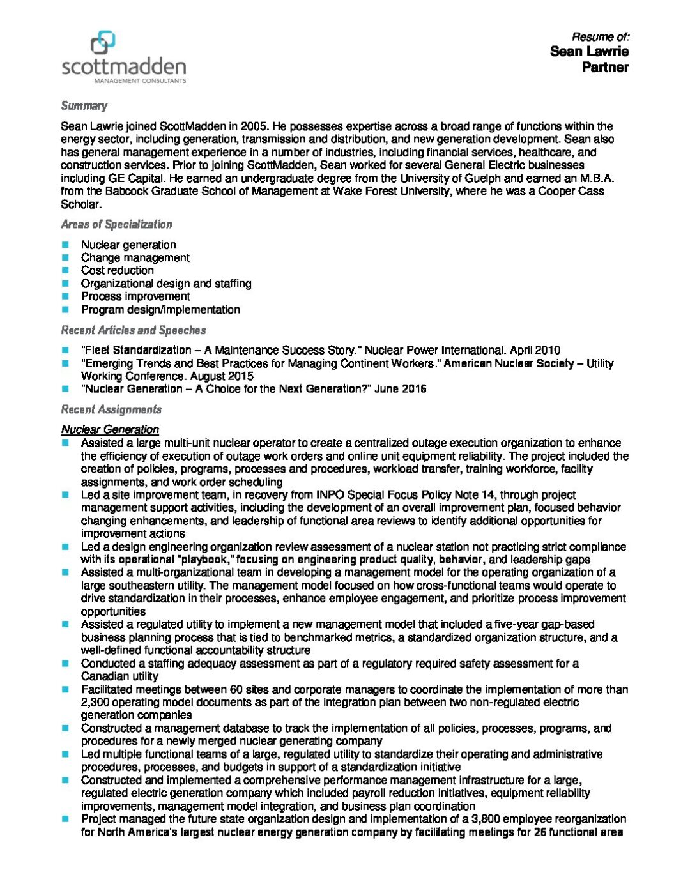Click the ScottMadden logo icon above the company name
(103, 43)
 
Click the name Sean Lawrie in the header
(589, 51)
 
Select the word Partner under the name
(605, 67)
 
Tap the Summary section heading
(84, 106)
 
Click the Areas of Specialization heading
(116, 224)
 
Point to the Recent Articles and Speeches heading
(134, 330)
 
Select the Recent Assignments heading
(111, 409)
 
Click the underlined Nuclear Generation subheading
(110, 429)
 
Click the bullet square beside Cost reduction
(65, 270)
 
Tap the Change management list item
(135, 257)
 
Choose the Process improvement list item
(135, 296)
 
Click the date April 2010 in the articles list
(536, 350)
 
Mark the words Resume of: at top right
(600, 36)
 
